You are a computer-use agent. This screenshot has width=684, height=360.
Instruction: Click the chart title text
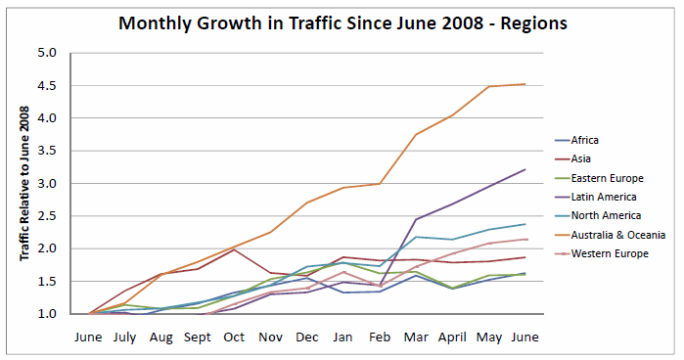coord(342,22)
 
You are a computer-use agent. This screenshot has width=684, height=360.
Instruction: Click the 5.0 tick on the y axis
coord(49,53)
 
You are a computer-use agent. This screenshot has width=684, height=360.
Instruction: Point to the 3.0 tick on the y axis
coord(49,184)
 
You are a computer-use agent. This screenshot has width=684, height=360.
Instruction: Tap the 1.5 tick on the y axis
coord(49,282)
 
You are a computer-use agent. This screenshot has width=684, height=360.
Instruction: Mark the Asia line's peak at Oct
coord(235,249)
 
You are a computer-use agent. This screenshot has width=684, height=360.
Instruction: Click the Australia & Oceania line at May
coord(488,86)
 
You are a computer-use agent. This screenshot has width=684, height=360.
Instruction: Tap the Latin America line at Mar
coord(416,219)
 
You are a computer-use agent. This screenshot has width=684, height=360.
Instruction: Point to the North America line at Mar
coord(416,237)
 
